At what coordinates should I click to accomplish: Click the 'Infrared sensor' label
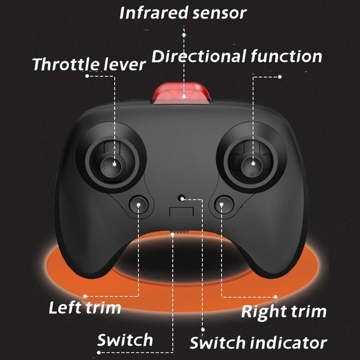point(183,13)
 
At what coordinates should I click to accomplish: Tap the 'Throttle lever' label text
point(89,64)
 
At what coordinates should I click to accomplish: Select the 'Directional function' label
point(237,57)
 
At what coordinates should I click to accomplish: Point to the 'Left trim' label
point(85,307)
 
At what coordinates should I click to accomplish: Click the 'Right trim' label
point(284,312)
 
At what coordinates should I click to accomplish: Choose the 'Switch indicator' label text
point(258,342)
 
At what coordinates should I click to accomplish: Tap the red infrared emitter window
point(181,94)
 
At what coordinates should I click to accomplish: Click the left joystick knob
point(112,164)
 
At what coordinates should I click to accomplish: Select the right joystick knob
point(252,164)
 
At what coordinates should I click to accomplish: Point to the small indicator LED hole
point(181,198)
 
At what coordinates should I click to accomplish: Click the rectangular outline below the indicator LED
point(181,211)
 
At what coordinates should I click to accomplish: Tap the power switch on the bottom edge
point(180,232)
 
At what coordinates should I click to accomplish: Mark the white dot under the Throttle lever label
point(87,76)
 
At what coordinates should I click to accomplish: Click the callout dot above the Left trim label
point(85,296)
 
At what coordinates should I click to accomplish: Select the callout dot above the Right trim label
point(276,297)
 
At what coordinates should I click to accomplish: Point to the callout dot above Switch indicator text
point(203,329)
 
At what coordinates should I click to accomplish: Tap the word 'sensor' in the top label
point(220,13)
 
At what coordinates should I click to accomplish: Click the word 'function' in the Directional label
point(286,57)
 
